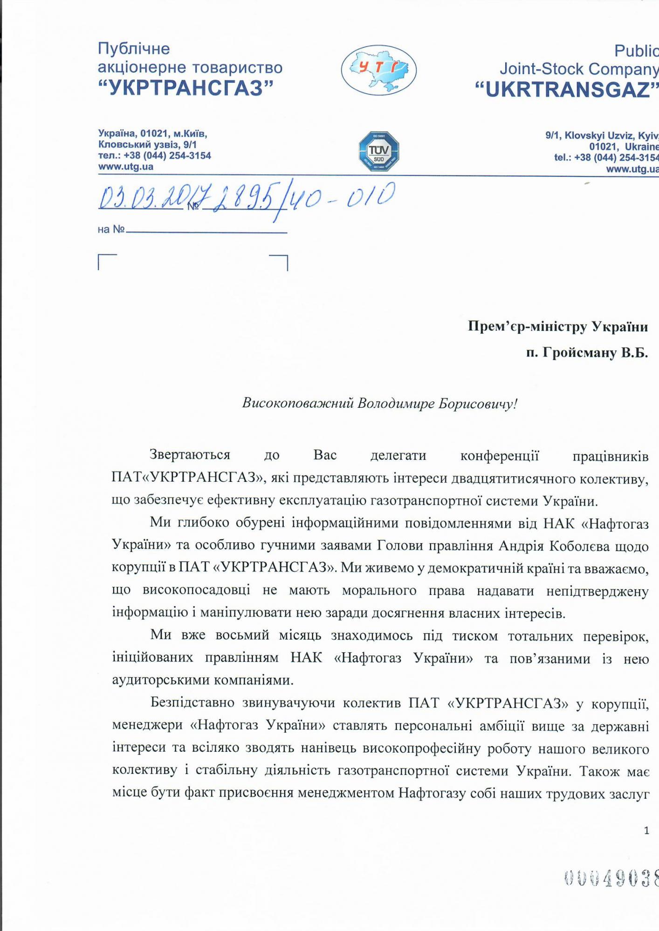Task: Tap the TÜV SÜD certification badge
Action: coord(378,150)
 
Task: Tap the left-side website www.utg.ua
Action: coord(125,167)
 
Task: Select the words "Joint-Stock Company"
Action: coord(578,69)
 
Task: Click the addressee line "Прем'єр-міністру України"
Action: coord(557,327)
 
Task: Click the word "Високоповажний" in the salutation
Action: coord(297,403)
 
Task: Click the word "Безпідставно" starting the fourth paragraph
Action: coord(191,703)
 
